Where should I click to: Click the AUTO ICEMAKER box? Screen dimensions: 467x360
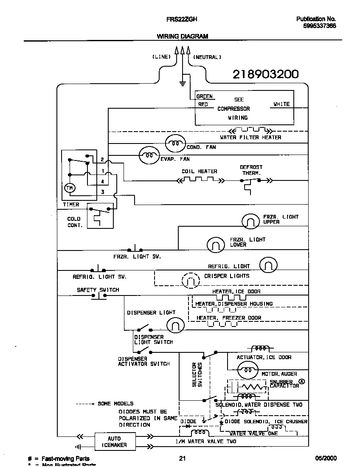click(x=114, y=442)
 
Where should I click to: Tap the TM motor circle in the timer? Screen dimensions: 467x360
click(x=69, y=188)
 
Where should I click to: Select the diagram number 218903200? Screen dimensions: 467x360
click(x=265, y=74)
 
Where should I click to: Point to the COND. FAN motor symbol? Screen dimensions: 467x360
click(x=175, y=143)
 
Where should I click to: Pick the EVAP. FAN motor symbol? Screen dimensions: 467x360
click(x=149, y=155)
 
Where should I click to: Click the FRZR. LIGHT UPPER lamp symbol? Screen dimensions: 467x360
click(x=250, y=221)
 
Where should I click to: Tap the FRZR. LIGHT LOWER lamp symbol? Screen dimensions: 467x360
click(x=216, y=244)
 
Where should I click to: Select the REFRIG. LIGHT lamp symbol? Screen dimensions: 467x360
click(x=268, y=265)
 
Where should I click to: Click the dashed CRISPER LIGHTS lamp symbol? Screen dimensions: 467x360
click(x=190, y=280)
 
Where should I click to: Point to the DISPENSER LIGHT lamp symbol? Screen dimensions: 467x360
click(x=175, y=326)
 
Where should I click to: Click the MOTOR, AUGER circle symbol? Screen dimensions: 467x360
click(x=247, y=370)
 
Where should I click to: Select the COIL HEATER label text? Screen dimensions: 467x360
click(x=199, y=172)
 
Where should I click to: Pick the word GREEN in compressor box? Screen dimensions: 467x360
click(x=204, y=96)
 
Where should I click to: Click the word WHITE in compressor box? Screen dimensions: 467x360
click(x=281, y=104)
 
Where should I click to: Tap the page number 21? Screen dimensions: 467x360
click(x=182, y=458)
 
